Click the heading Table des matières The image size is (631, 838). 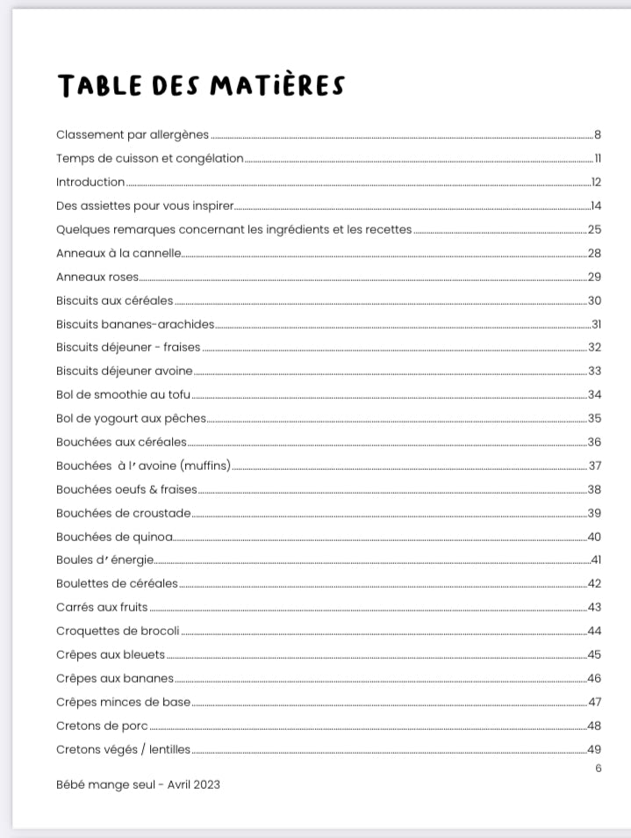coord(200,85)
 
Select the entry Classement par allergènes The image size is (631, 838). coord(133,134)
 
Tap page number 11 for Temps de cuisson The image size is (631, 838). coord(597,158)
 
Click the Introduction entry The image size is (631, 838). coord(90,182)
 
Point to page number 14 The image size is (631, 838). coord(595,206)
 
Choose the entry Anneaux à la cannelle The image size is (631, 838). coord(118,253)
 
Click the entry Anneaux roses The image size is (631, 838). coord(97,277)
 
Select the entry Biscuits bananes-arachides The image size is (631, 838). coord(135,324)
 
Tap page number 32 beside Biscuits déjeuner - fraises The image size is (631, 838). coord(594,348)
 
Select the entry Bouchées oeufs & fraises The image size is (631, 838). coord(126,489)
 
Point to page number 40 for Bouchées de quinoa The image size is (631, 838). coord(594,537)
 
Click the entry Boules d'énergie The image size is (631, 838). coord(104,560)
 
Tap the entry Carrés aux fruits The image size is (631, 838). coord(102,607)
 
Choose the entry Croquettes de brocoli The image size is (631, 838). coord(118,631)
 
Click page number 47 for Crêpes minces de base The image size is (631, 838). coord(594,702)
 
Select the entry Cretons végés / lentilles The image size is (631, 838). coord(123,749)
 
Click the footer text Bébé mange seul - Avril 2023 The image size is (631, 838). coord(138,784)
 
